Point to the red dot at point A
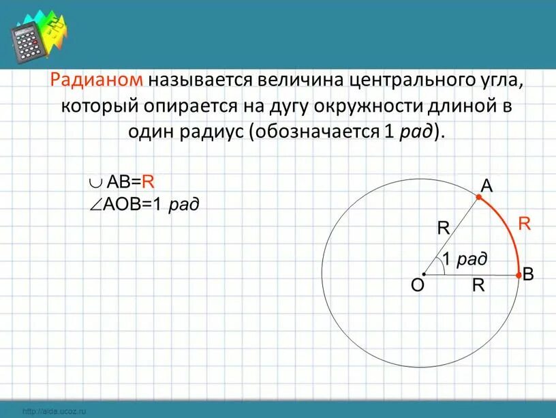point(479,196)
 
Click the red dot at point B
point(521,275)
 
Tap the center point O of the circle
point(424,275)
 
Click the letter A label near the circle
point(486,185)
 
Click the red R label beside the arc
point(525,223)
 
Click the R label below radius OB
point(478,286)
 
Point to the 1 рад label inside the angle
point(465,260)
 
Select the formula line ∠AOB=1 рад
point(144,203)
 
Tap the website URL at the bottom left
point(56,412)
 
